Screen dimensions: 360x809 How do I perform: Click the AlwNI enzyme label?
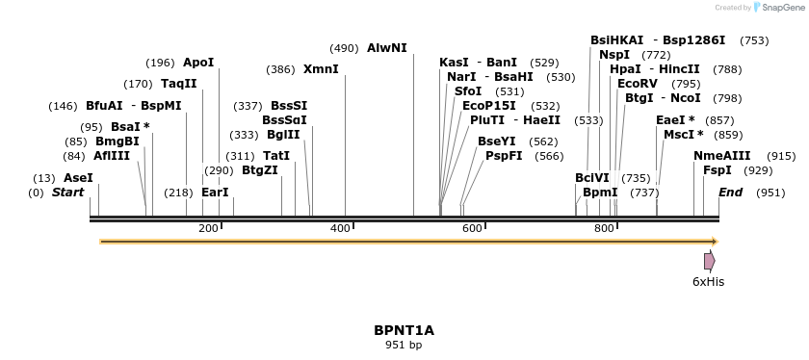click(x=386, y=47)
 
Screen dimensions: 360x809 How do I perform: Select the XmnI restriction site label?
click(x=321, y=69)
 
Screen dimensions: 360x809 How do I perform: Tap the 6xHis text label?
click(x=708, y=281)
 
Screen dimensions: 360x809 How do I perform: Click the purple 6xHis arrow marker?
click(x=709, y=261)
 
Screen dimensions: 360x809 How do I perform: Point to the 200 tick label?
click(x=208, y=228)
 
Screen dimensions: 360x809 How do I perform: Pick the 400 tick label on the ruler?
click(x=340, y=228)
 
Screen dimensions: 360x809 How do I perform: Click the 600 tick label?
click(x=472, y=228)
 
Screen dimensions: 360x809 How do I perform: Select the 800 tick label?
click(x=604, y=228)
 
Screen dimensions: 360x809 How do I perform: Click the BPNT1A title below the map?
click(x=404, y=330)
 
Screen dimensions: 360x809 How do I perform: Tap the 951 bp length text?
click(x=404, y=345)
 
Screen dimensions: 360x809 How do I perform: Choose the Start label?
click(x=67, y=193)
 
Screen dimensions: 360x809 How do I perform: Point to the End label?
click(x=730, y=193)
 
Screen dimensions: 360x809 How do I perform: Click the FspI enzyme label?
click(x=717, y=170)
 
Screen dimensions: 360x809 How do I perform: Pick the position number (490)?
click(x=344, y=48)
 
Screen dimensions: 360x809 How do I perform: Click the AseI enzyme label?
click(x=78, y=178)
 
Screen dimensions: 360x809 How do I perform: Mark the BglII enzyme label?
click(x=283, y=135)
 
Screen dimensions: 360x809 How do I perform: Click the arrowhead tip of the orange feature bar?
click(x=717, y=242)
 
